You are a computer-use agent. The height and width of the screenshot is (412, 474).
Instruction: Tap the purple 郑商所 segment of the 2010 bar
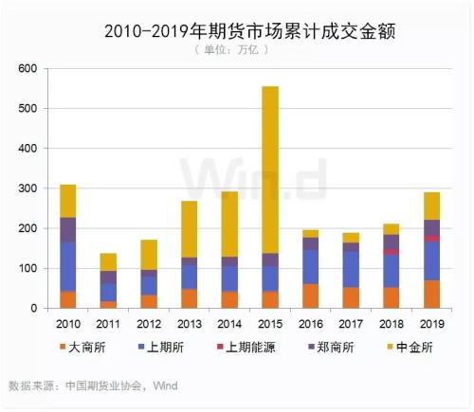(x=67, y=229)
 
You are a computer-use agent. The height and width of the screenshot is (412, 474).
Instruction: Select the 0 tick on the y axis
(x=32, y=309)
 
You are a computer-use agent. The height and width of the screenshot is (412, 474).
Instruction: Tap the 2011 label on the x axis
(x=107, y=324)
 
